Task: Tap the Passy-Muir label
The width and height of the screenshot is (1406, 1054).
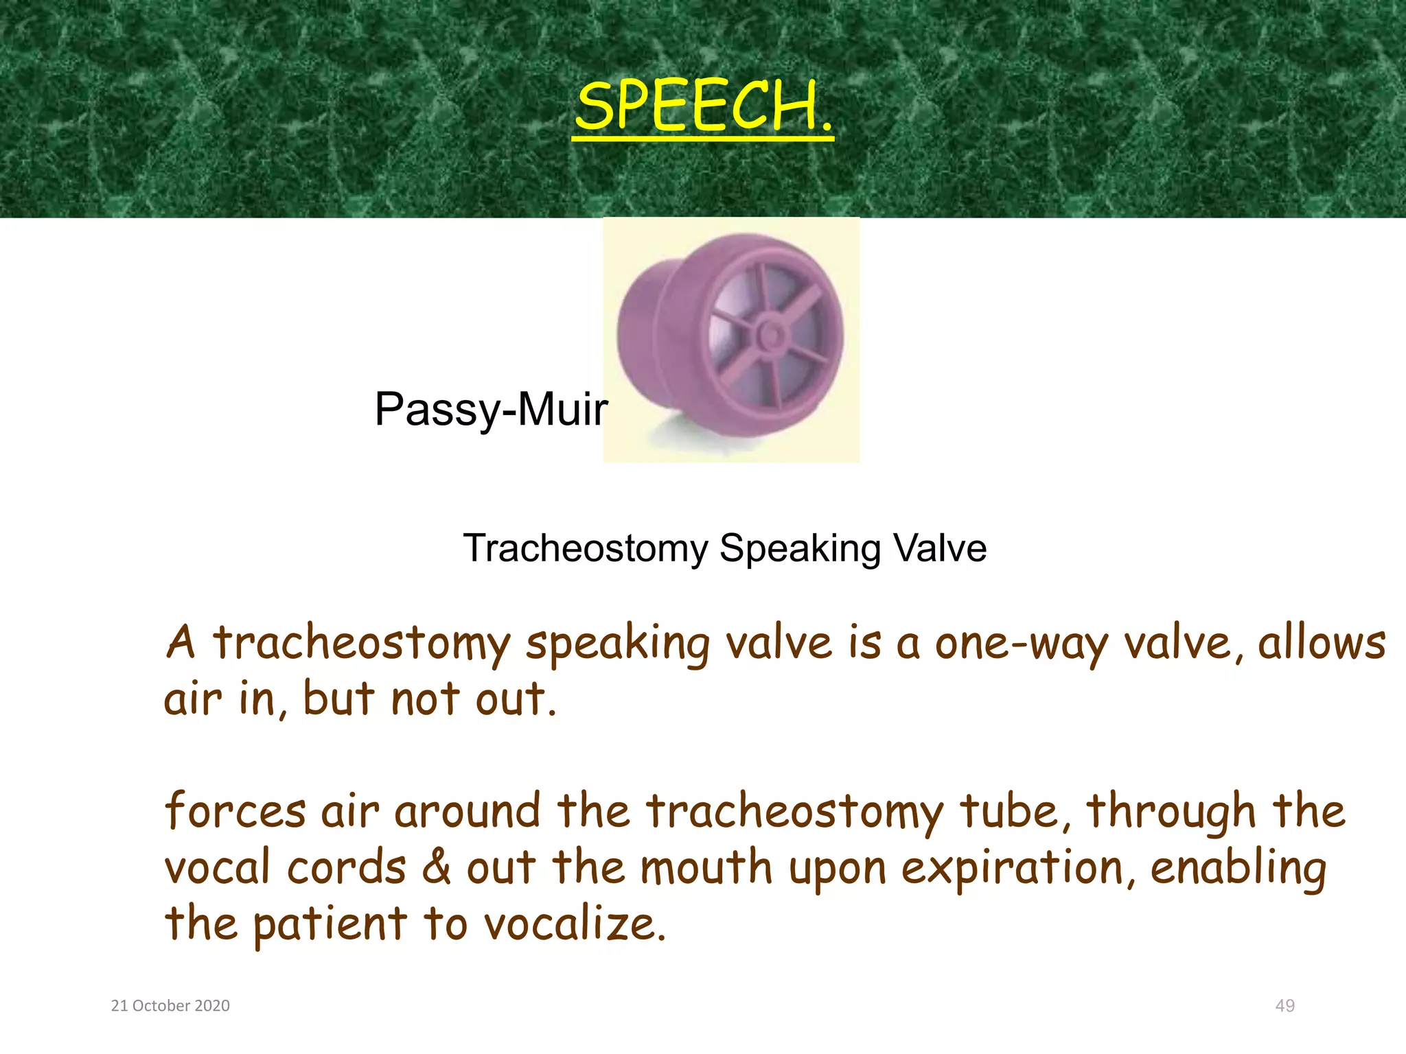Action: click(491, 410)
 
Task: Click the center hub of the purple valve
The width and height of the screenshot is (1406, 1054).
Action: click(770, 336)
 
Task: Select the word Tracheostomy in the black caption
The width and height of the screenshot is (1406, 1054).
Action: click(585, 548)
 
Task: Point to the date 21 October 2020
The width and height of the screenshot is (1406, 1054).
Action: click(170, 1005)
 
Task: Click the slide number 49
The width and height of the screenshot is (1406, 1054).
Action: click(1284, 1005)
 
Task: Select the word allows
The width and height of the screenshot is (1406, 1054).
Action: click(1321, 644)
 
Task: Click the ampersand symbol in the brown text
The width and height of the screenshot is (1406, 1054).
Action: click(437, 867)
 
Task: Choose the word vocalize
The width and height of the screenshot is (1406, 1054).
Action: click(575, 924)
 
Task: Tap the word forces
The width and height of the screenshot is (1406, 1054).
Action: click(235, 810)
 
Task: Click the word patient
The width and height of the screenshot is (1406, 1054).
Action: click(330, 924)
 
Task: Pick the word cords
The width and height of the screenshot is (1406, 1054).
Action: click(347, 867)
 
